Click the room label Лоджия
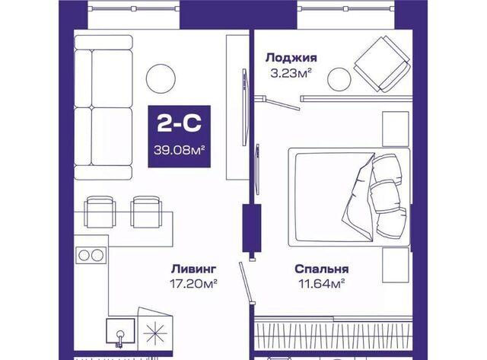(291, 58)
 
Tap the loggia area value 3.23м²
(291, 74)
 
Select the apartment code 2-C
(180, 123)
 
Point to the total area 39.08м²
(180, 150)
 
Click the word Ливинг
(193, 269)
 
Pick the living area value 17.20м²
(193, 283)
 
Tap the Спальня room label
(322, 269)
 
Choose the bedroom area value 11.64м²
(322, 283)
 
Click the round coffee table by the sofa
(161, 78)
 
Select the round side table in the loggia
(339, 79)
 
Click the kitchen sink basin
(120, 330)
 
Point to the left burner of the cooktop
(84, 255)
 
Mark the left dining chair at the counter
(100, 212)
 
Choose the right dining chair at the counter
(146, 212)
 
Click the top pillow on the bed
(387, 168)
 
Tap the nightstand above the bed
(396, 129)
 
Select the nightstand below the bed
(396, 265)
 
